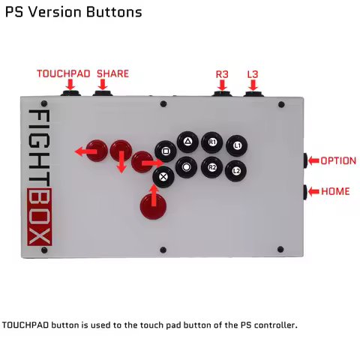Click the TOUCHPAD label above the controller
[64, 73]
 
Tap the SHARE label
[112, 73]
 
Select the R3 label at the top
[222, 74]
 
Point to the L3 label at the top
[253, 74]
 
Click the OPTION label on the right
[338, 161]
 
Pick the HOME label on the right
[335, 191]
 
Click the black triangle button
[187, 140]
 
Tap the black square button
[165, 151]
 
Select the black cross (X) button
[163, 177]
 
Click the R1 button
[212, 142]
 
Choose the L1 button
[237, 145]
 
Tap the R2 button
[212, 167]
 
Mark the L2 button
[235, 171]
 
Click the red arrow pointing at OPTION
[311, 161]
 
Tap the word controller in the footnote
[274, 325]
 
